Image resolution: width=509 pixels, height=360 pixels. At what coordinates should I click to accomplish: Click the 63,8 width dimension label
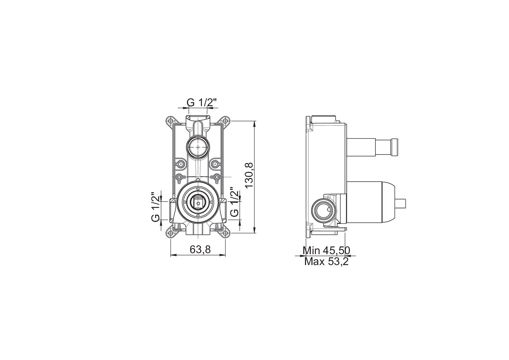[x=200, y=250]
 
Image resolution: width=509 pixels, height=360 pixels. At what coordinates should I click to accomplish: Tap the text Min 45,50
[x=326, y=251]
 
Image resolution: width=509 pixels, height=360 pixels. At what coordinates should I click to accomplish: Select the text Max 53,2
[x=326, y=262]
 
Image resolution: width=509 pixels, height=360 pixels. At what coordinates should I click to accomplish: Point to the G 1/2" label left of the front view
[x=156, y=207]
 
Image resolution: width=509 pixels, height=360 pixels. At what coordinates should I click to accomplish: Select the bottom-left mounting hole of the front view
[x=171, y=233]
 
